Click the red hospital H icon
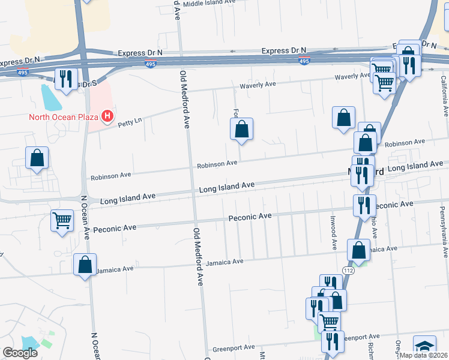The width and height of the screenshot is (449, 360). [x=107, y=116]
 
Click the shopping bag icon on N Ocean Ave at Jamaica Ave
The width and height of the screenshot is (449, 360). [x=85, y=264]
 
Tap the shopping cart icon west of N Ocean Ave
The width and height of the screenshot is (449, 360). [x=62, y=221]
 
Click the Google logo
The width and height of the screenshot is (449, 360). [x=20, y=353]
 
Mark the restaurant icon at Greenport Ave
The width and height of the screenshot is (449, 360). [x=332, y=341]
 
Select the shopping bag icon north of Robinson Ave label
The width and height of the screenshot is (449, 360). [x=241, y=129]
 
